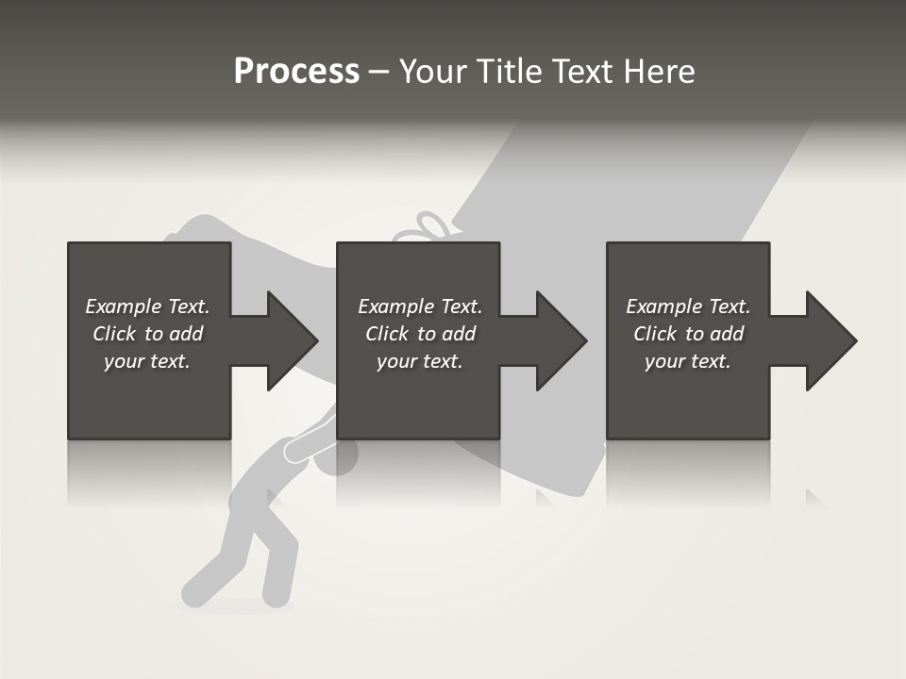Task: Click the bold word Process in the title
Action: tap(296, 72)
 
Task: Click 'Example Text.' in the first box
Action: tap(147, 306)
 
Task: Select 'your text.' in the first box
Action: tap(147, 361)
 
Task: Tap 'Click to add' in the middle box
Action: tap(420, 334)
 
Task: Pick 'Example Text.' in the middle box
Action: tap(420, 306)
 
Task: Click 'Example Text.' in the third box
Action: tap(688, 306)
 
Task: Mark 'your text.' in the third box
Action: tap(688, 361)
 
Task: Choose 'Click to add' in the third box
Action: tap(688, 334)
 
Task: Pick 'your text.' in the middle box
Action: tap(420, 361)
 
